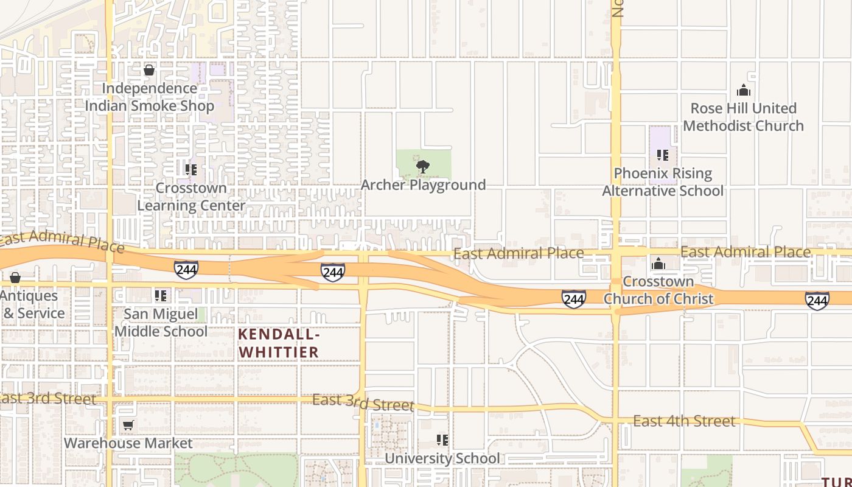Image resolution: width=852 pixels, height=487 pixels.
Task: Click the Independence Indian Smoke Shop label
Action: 149,97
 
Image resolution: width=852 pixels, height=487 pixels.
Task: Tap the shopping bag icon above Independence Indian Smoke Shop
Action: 149,71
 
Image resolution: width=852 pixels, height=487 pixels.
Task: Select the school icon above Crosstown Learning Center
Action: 191,170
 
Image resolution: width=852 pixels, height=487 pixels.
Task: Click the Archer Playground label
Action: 423,185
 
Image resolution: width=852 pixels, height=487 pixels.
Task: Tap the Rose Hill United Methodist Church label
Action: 743,117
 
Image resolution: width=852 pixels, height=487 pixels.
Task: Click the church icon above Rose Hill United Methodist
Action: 743,91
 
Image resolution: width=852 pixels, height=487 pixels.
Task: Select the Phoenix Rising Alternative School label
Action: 663,182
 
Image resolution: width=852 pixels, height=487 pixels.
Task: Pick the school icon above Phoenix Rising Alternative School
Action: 663,155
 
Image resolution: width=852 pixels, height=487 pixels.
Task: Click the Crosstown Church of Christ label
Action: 658,290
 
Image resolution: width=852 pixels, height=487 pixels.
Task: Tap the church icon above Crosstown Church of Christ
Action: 658,264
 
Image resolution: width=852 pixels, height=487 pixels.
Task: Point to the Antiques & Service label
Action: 30,304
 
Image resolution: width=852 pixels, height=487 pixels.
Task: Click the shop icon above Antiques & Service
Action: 15,278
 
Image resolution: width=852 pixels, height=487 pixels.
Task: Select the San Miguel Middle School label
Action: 161,323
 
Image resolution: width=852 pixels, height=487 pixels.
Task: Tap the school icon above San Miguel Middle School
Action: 161,296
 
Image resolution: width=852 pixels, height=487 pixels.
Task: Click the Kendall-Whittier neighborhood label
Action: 279,343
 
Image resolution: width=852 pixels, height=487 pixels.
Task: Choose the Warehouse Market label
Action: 128,443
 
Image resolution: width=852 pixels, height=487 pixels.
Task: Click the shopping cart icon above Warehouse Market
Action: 128,425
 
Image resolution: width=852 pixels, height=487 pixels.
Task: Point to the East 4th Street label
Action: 684,421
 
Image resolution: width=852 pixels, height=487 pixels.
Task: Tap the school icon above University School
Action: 442,440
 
